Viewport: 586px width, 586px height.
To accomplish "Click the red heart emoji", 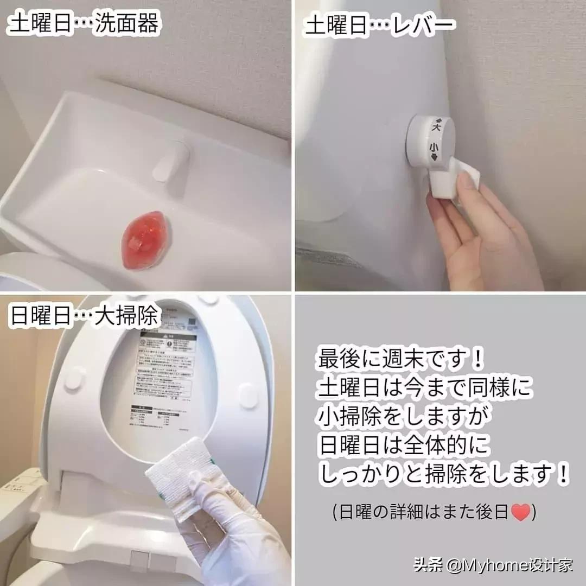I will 520,512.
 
